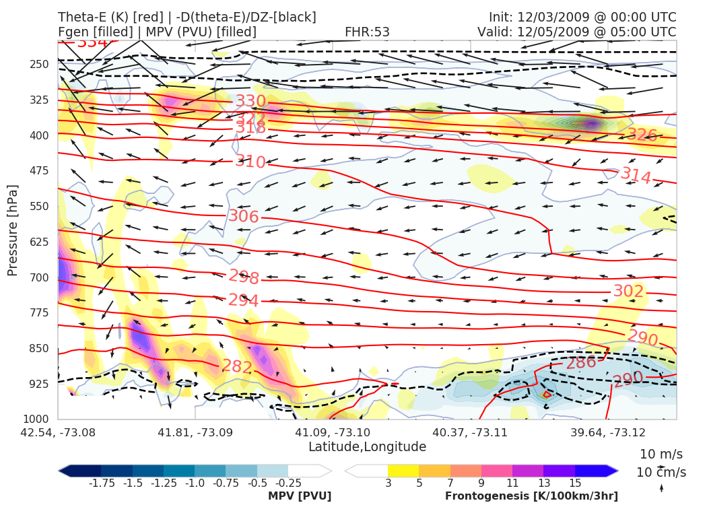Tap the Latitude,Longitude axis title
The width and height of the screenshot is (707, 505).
tap(367, 447)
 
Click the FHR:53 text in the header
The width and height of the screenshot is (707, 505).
tap(367, 32)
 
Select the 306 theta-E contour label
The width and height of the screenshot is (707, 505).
tap(244, 216)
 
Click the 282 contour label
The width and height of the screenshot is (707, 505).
tap(237, 367)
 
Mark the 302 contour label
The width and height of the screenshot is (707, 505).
tap(628, 291)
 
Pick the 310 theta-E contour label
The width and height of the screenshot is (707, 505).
tap(250, 162)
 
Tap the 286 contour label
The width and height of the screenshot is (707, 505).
tap(581, 363)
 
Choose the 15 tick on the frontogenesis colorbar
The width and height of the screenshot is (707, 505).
tap(575, 483)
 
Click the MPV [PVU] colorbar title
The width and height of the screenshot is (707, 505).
tap(299, 496)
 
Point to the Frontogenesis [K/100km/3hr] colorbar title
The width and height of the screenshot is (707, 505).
tap(531, 496)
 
